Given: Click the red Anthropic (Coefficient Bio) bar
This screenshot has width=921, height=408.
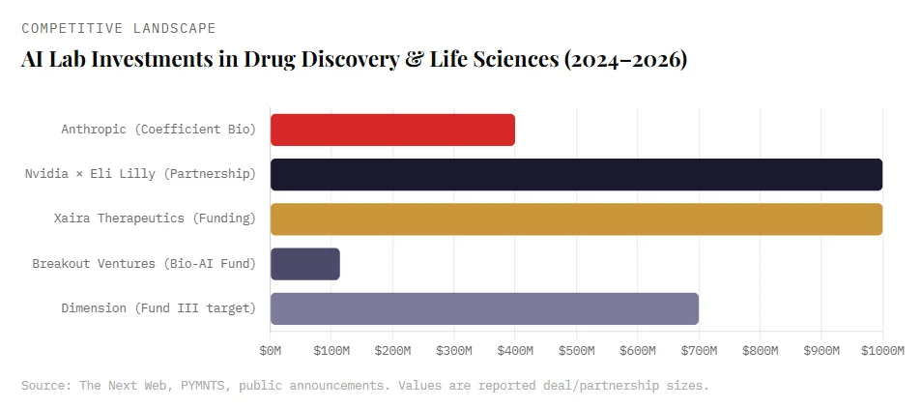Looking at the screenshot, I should [x=392, y=130].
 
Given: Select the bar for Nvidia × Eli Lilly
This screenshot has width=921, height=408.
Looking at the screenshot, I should [x=576, y=174].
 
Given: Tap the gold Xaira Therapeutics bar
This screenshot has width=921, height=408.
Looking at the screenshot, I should [x=576, y=219].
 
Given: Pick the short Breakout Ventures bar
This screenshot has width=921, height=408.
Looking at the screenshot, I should [x=305, y=264].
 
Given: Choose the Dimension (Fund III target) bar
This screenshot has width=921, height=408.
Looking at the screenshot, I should [x=484, y=308].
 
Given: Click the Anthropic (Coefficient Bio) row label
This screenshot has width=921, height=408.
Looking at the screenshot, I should [x=158, y=130].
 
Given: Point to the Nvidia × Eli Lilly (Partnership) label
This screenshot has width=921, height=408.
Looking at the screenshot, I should [x=140, y=174].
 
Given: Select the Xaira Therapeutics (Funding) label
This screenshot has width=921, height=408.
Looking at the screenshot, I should [x=155, y=219].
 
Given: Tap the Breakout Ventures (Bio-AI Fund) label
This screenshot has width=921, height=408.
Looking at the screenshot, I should [x=144, y=264].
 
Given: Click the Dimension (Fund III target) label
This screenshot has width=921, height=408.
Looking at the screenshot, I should [x=158, y=308].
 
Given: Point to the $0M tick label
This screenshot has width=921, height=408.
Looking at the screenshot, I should [x=271, y=349].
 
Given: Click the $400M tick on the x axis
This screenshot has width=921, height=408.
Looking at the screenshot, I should [x=515, y=349].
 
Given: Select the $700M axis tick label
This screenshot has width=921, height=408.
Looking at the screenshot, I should [x=699, y=349].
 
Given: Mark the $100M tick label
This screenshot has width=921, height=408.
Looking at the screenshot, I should [x=331, y=349].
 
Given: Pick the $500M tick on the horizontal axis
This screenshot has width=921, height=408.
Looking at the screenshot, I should [x=576, y=349].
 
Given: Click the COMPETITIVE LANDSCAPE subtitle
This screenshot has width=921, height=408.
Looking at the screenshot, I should [x=119, y=28].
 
